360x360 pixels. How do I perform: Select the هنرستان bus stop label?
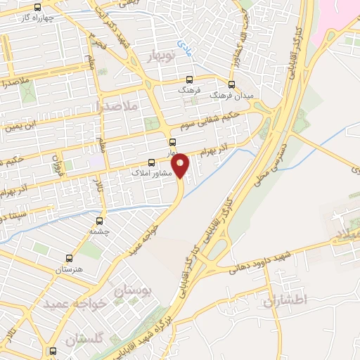pos(68,270)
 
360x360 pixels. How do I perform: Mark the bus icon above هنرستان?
pos(68,258)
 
